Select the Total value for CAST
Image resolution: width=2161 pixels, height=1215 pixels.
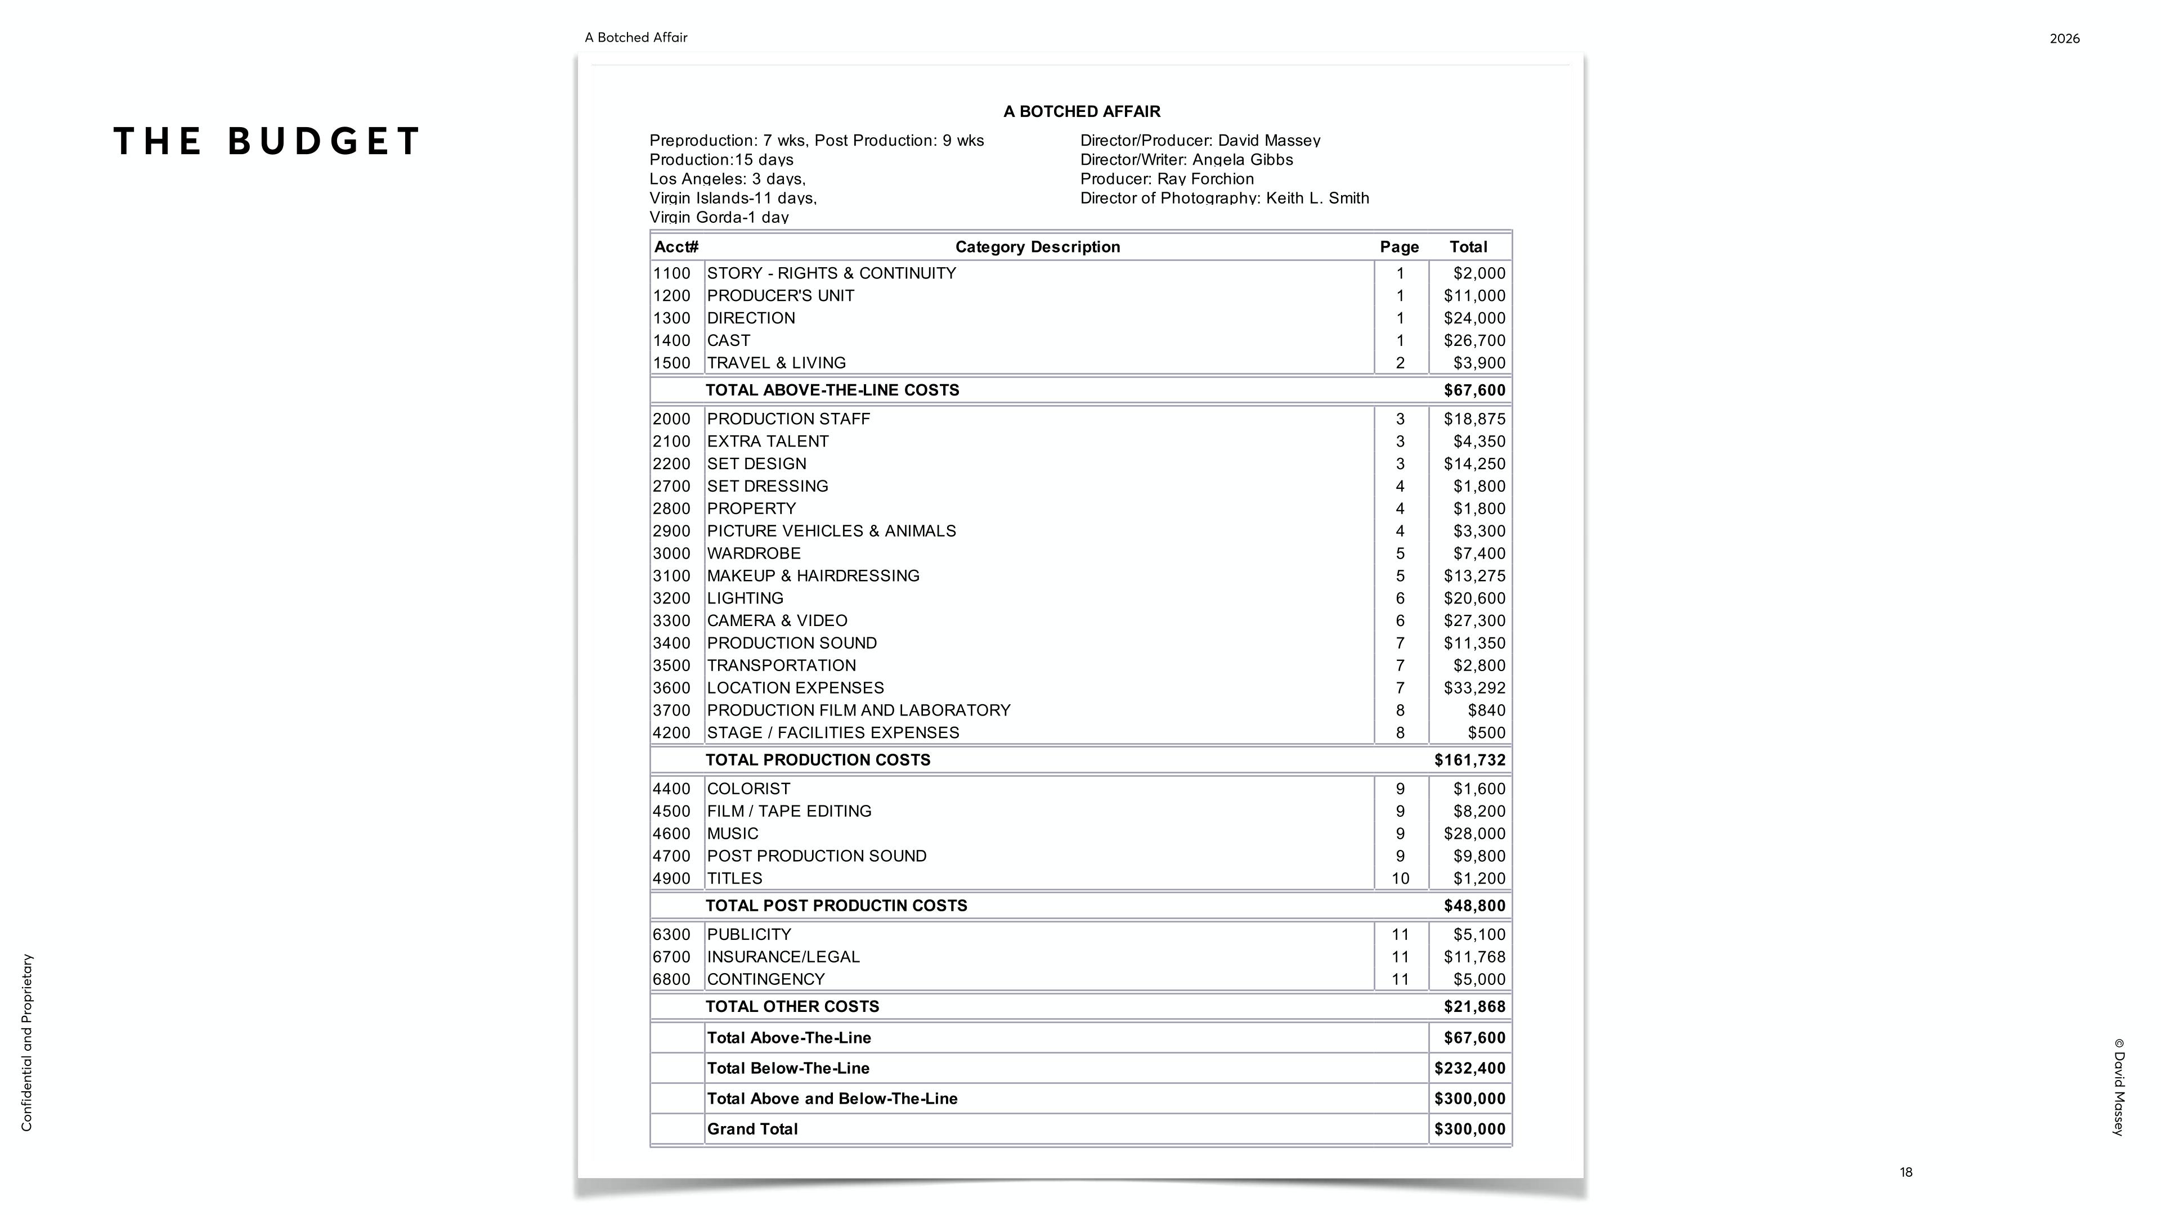click(1474, 340)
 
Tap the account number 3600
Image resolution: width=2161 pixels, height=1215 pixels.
click(671, 687)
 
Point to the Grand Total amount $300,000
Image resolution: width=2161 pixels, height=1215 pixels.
click(1469, 1128)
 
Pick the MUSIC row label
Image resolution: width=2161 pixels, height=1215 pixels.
click(732, 834)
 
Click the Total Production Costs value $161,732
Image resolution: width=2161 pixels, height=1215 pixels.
click(1469, 760)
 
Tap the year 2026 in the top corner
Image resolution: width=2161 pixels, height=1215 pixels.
click(2065, 39)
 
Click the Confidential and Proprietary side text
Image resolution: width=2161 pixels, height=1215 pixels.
click(27, 1042)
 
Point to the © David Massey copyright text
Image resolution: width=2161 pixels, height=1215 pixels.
click(2118, 1087)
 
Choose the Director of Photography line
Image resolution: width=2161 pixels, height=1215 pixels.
click(1224, 198)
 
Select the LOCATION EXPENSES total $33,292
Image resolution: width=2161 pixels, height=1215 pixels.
click(1474, 687)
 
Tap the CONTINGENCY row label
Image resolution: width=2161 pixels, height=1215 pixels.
click(765, 979)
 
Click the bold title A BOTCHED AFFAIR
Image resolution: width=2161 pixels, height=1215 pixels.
click(1081, 111)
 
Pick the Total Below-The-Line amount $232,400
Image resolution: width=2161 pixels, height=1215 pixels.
click(1469, 1068)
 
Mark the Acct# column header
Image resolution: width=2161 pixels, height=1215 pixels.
click(676, 246)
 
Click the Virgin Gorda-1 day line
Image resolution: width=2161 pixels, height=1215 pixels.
click(719, 217)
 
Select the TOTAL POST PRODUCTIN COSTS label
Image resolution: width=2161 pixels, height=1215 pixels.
click(836, 906)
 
